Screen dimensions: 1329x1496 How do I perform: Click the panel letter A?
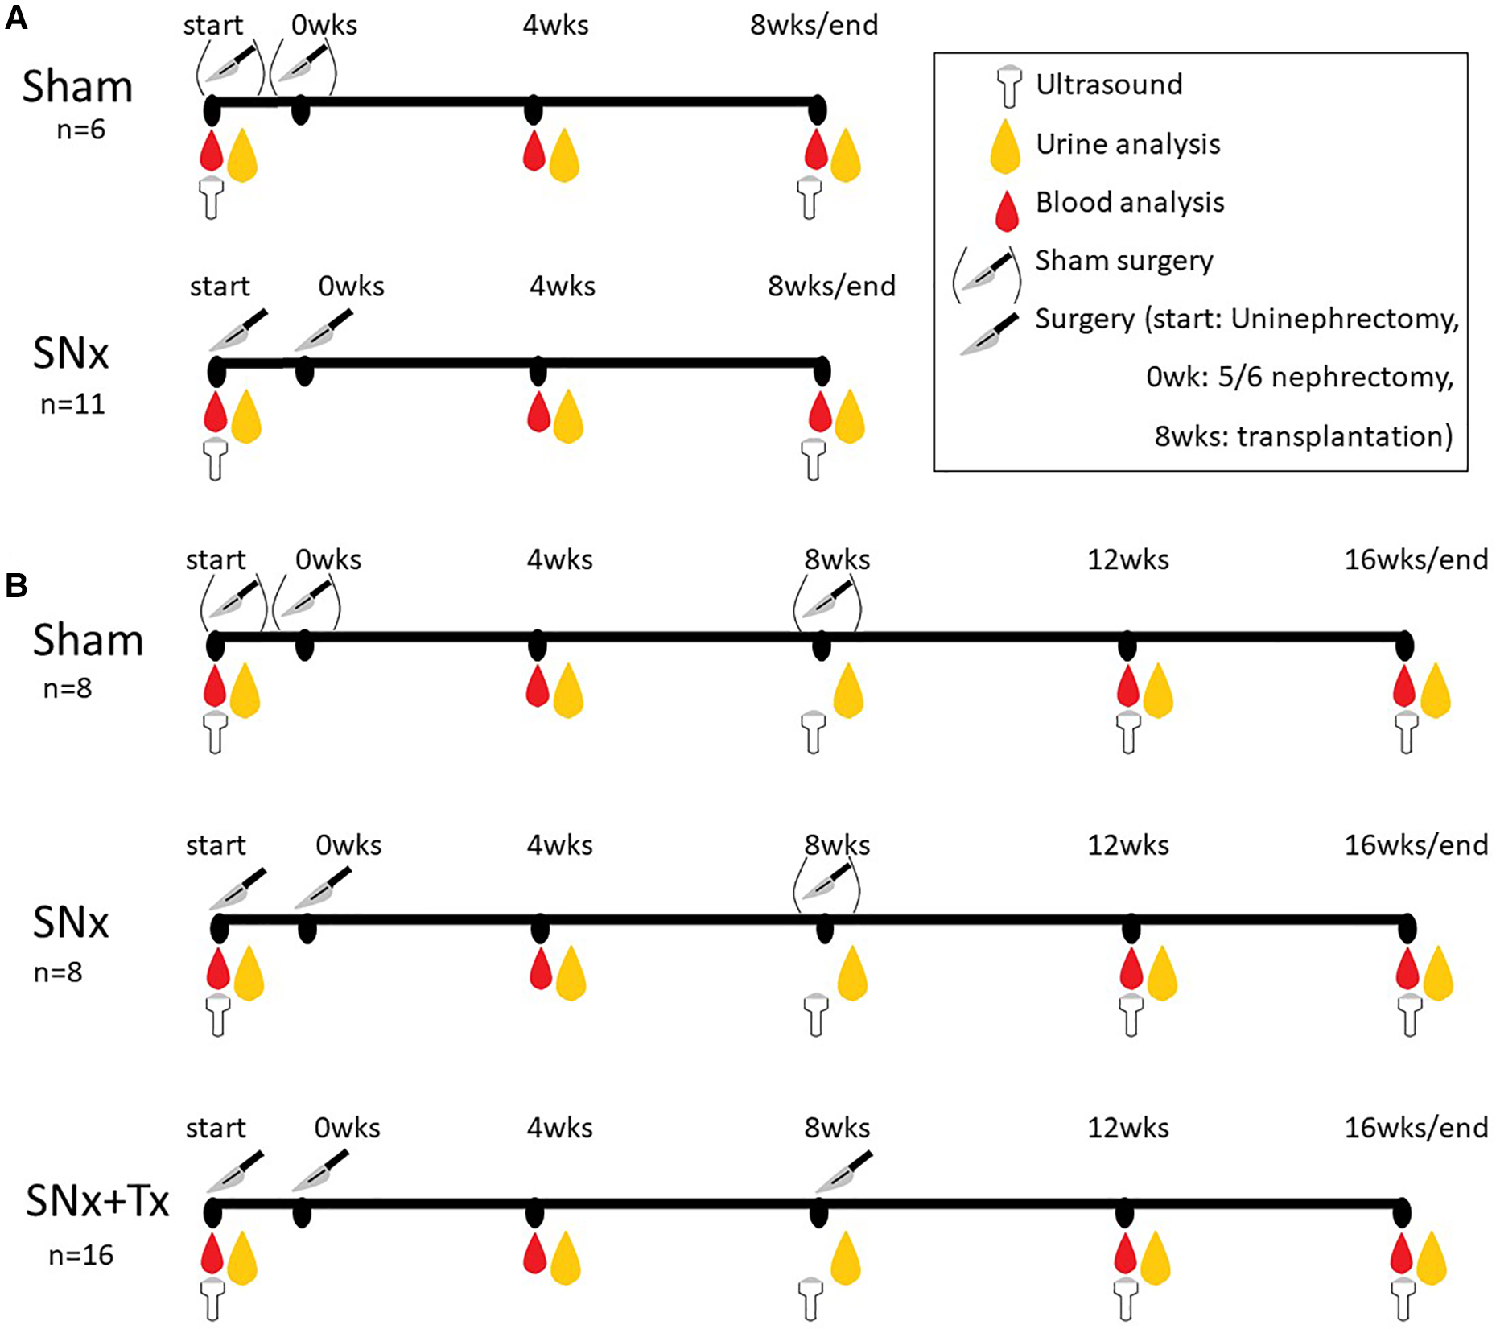point(16,17)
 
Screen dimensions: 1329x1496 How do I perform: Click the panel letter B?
point(16,586)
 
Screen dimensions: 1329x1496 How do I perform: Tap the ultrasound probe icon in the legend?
point(1008,86)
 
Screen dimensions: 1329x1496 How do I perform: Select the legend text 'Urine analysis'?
point(1127,144)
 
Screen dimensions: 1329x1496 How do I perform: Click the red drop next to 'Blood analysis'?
point(1006,211)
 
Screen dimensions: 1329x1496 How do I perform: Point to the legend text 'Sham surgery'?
point(1123,261)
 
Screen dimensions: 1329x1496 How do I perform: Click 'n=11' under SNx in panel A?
point(72,404)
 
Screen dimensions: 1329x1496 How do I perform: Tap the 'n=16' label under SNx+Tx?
point(80,1255)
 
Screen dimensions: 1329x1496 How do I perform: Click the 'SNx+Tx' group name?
point(97,1202)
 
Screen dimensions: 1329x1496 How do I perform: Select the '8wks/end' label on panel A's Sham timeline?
point(814,26)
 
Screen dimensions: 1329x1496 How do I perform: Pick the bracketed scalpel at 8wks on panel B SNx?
point(827,884)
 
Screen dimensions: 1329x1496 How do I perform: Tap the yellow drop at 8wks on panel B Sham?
point(848,691)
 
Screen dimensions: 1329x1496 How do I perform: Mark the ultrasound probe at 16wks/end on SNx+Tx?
point(1403,1298)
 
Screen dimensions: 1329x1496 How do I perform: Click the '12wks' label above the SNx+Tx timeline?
point(1127,1129)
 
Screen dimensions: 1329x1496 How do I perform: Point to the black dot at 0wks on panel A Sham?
point(300,109)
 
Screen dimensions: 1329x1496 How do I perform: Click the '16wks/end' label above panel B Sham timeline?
point(1416,559)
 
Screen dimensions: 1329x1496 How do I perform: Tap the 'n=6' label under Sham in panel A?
point(80,130)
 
